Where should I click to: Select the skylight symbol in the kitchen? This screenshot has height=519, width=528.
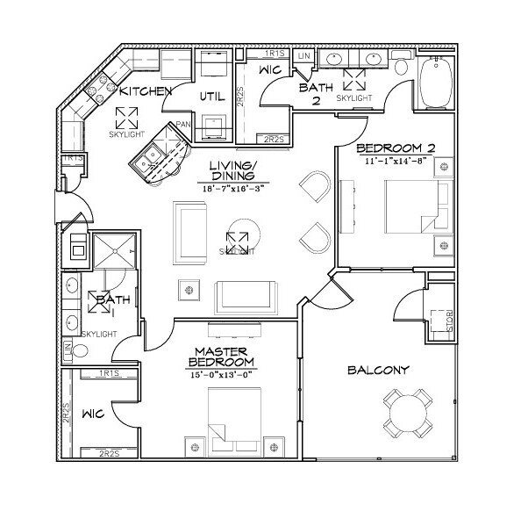pyautogui.click(x=128, y=115)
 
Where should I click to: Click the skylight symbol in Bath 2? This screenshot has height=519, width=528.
pyautogui.click(x=354, y=82)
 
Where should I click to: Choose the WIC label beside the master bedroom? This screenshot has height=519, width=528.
pyautogui.click(x=93, y=411)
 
